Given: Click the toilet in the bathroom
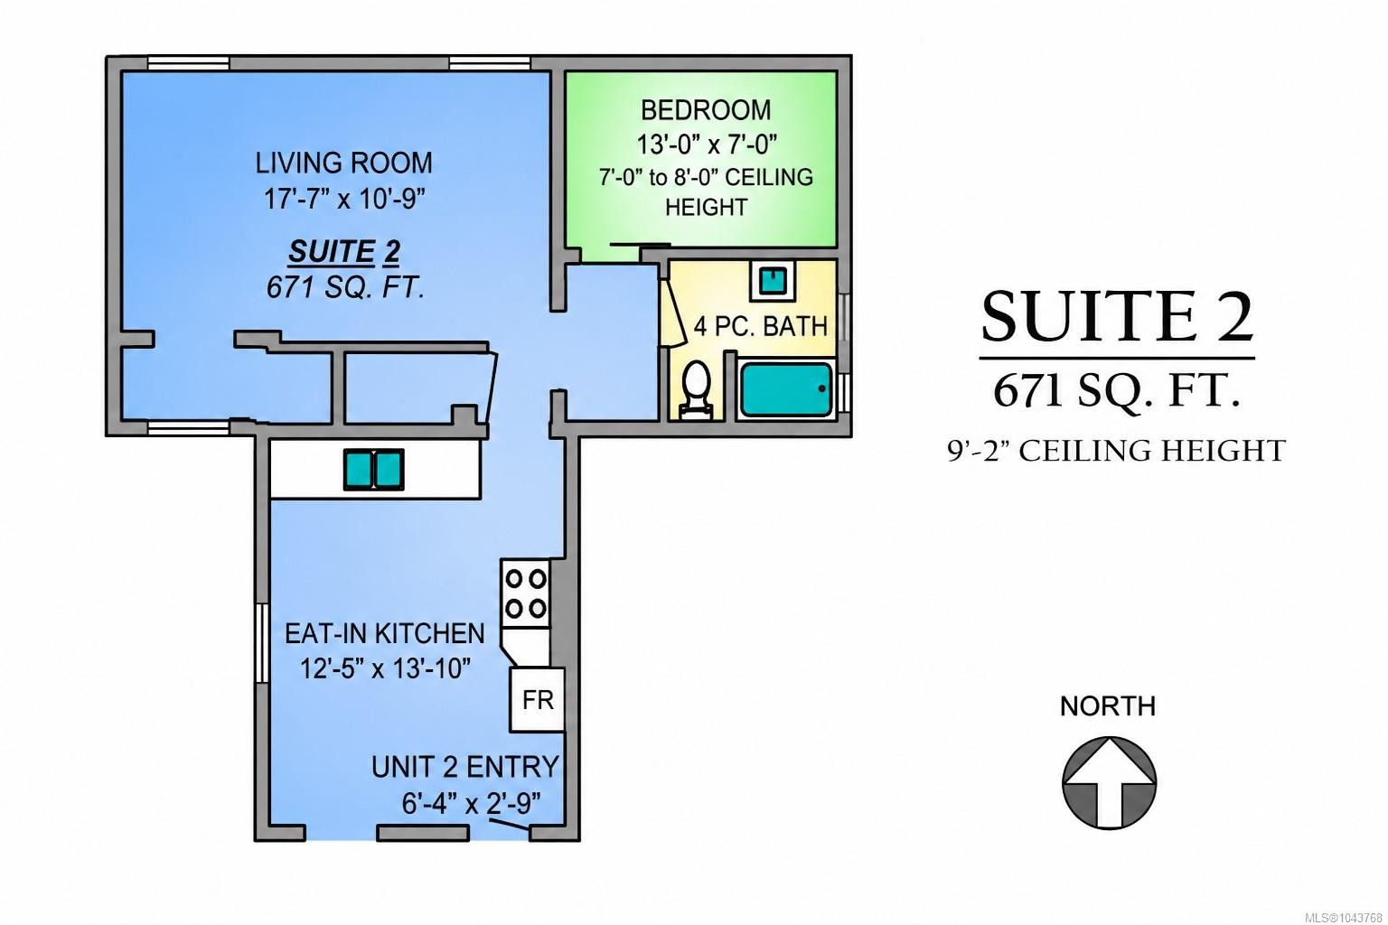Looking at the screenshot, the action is pos(696,389).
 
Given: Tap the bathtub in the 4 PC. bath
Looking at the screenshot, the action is pos(785,389).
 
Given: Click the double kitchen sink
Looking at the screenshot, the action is pos(373,470).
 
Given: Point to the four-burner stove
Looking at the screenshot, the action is pos(525,593).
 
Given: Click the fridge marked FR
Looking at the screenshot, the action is pos(538,699).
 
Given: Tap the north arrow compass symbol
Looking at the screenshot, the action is pos(1109,782).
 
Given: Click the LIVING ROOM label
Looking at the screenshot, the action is pos(344,163).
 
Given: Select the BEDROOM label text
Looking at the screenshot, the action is pos(706,110).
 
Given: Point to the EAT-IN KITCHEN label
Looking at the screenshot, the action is pos(385,633).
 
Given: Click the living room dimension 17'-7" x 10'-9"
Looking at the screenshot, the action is pos(344,200).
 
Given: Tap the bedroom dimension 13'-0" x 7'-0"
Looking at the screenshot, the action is pos(707,145).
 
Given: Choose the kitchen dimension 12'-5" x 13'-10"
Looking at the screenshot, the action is pos(386,668).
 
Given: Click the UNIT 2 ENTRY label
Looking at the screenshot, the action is pos(465,767).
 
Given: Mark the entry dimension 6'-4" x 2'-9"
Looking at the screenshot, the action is pos(471,804).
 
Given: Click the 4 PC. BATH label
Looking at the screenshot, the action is pos(760,326).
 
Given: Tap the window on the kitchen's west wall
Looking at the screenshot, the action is pos(262,643).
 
